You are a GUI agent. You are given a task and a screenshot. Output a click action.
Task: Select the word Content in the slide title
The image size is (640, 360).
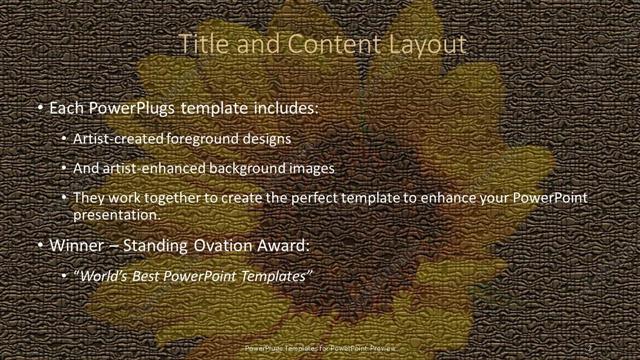pos(330,44)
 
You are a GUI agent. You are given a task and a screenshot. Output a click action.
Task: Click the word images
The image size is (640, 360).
pos(313,168)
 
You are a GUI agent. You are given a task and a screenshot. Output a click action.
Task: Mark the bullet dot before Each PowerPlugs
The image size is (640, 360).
pos(38,106)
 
